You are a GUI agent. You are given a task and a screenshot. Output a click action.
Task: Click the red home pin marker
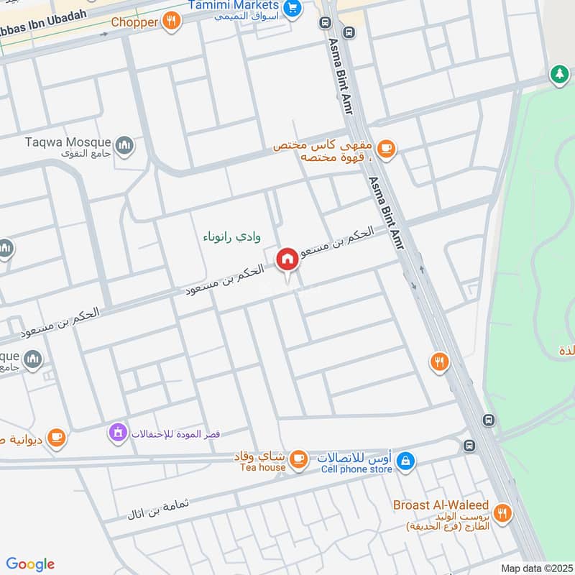pyautogui.click(x=287, y=259)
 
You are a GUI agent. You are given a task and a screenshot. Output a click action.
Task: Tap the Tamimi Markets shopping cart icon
pyautogui.click(x=292, y=8)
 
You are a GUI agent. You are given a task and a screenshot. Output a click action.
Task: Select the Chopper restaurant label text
pyautogui.click(x=134, y=22)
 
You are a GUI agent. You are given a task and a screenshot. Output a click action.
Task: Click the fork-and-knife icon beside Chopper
pyautogui.click(x=170, y=21)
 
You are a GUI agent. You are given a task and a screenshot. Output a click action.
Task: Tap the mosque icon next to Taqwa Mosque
pyautogui.click(x=125, y=146)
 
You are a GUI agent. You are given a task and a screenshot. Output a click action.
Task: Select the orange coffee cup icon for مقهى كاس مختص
pyautogui.click(x=387, y=148)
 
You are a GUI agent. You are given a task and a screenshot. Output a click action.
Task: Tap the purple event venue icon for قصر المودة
pyautogui.click(x=116, y=432)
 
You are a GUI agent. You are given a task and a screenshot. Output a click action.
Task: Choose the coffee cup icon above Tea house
pyautogui.click(x=298, y=457)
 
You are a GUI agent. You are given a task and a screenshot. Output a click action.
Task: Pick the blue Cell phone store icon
pyautogui.click(x=405, y=459)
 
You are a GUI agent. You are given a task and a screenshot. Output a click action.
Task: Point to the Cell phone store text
pyautogui.click(x=357, y=469)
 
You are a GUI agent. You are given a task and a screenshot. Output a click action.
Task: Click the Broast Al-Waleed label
pyautogui.click(x=441, y=505)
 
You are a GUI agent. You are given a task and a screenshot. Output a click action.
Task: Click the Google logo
pyautogui.click(x=30, y=564)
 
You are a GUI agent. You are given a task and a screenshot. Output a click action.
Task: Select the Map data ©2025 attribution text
pyautogui.click(x=537, y=567)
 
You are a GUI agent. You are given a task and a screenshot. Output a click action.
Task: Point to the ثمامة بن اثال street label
pyautogui.click(x=158, y=508)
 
